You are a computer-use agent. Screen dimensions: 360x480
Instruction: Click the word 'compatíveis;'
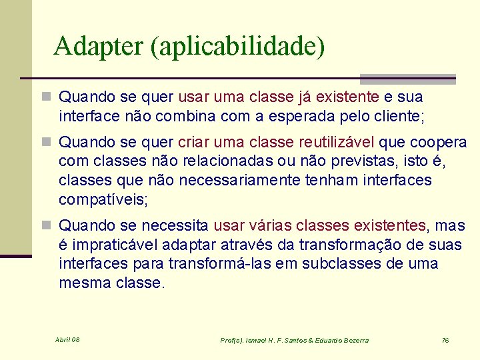(x=103, y=199)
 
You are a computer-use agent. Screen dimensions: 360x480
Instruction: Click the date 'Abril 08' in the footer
(x=67, y=339)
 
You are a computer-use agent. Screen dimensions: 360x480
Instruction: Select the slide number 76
(x=445, y=340)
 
